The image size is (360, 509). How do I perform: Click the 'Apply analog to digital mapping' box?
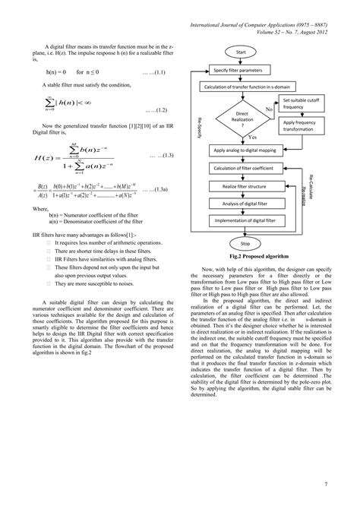click(x=245, y=150)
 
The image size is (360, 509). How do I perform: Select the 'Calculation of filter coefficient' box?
click(x=245, y=168)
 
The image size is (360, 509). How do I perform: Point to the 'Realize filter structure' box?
click(x=245, y=186)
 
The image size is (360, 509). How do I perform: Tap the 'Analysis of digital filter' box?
click(x=245, y=204)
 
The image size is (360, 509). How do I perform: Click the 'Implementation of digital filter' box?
click(x=245, y=221)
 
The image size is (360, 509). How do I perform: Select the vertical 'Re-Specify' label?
click(x=200, y=125)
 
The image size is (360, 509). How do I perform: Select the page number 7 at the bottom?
click(x=325, y=484)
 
